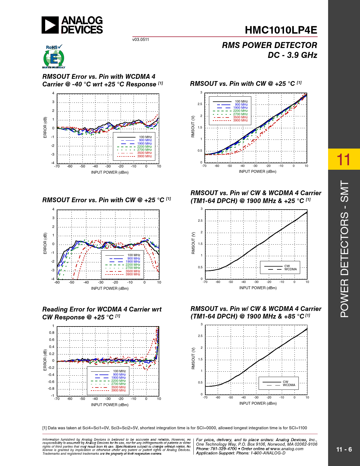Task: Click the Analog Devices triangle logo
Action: pyautogui.click(x=50, y=25)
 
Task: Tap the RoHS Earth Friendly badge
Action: pyautogui.click(x=54, y=57)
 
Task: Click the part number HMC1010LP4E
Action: pyautogui.click(x=281, y=30)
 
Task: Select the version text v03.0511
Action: pyautogui.click(x=141, y=40)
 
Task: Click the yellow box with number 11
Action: pyautogui.click(x=344, y=159)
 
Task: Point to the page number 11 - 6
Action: pyautogui.click(x=344, y=449)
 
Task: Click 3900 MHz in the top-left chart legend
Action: pyautogui.click(x=145, y=156)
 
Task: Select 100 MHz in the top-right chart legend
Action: pyautogui.click(x=241, y=101)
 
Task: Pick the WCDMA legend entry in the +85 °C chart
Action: pyautogui.click(x=289, y=385)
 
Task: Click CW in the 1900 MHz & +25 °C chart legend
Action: pyautogui.click(x=287, y=266)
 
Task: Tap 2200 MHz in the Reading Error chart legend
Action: pyautogui.click(x=119, y=381)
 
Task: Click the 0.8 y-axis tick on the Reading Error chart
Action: pyautogui.click(x=51, y=333)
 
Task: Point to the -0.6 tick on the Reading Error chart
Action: pyautogui.click(x=51, y=382)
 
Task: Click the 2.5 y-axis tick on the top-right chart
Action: pyautogui.click(x=200, y=104)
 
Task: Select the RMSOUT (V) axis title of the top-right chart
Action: pyautogui.click(x=193, y=127)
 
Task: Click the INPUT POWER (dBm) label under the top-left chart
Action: pyautogui.click(x=110, y=172)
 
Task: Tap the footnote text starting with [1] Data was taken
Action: pyautogui.click(x=174, y=428)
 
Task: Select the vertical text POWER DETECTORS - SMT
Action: pyautogui.click(x=344, y=249)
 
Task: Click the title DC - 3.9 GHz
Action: pyautogui.click(x=292, y=55)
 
